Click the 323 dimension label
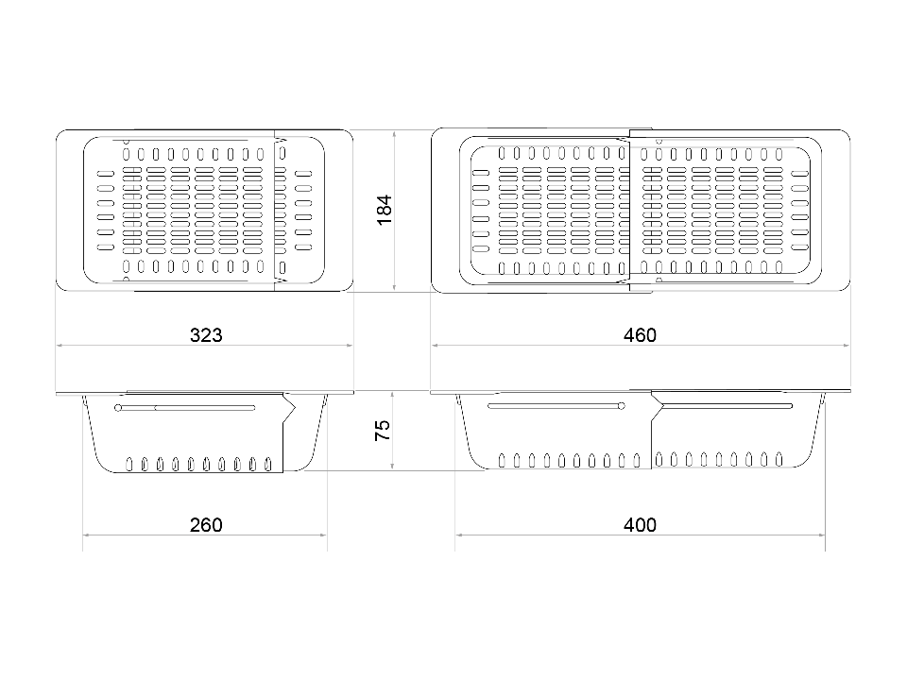pos(206,334)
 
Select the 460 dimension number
pos(640,334)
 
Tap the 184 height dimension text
pos(385,211)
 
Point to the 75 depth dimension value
pos(383,431)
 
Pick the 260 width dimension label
pos(206,524)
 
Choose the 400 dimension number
pos(640,524)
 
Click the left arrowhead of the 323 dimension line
pos(60,346)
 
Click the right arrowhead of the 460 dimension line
pos(847,346)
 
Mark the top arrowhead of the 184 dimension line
pos(394,133)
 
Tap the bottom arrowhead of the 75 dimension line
pos(393,466)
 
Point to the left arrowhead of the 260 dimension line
pos(86,535)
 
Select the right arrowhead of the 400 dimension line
pos(822,535)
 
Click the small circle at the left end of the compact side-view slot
pos(119,408)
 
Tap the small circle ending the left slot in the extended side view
pos(622,406)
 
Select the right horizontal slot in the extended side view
pos(727,406)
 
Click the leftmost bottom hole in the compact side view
pos(129,464)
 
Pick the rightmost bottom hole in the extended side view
pos(779,460)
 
